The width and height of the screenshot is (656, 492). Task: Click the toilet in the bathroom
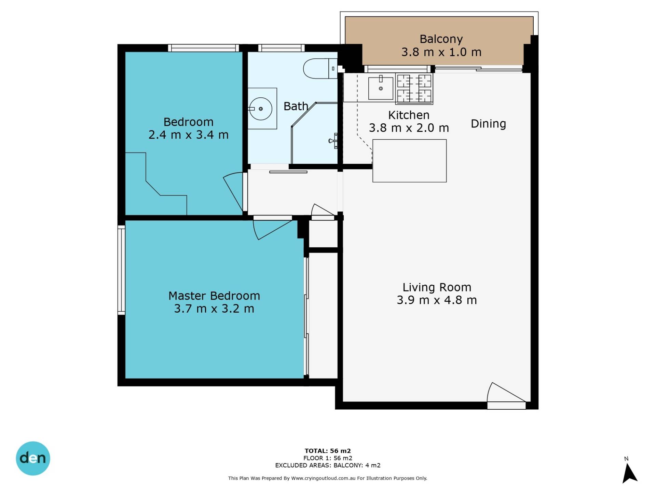(x=320, y=68)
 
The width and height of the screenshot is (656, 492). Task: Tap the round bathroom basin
(x=260, y=109)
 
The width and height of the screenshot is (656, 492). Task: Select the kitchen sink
(x=381, y=88)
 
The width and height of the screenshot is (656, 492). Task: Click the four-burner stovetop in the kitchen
(x=414, y=88)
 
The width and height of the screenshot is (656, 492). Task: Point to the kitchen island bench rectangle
(x=409, y=161)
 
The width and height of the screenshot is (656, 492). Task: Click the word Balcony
(x=441, y=39)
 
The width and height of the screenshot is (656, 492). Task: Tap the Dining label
(x=488, y=124)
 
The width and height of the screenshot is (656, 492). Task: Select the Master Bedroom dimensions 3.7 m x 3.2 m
(x=214, y=309)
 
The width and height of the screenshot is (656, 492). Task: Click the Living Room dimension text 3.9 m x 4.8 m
(x=437, y=300)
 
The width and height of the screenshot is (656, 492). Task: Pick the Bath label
(x=296, y=106)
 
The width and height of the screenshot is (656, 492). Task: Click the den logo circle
(x=33, y=458)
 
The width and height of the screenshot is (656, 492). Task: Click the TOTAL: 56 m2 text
(x=328, y=451)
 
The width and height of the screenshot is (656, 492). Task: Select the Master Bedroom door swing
(x=272, y=229)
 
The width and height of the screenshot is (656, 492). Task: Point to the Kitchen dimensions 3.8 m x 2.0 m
(x=409, y=128)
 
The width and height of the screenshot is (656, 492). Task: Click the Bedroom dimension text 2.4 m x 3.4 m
(x=188, y=135)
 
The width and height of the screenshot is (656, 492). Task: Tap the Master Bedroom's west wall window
(x=121, y=270)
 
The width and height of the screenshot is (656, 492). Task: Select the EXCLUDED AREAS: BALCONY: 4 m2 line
(x=328, y=465)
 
